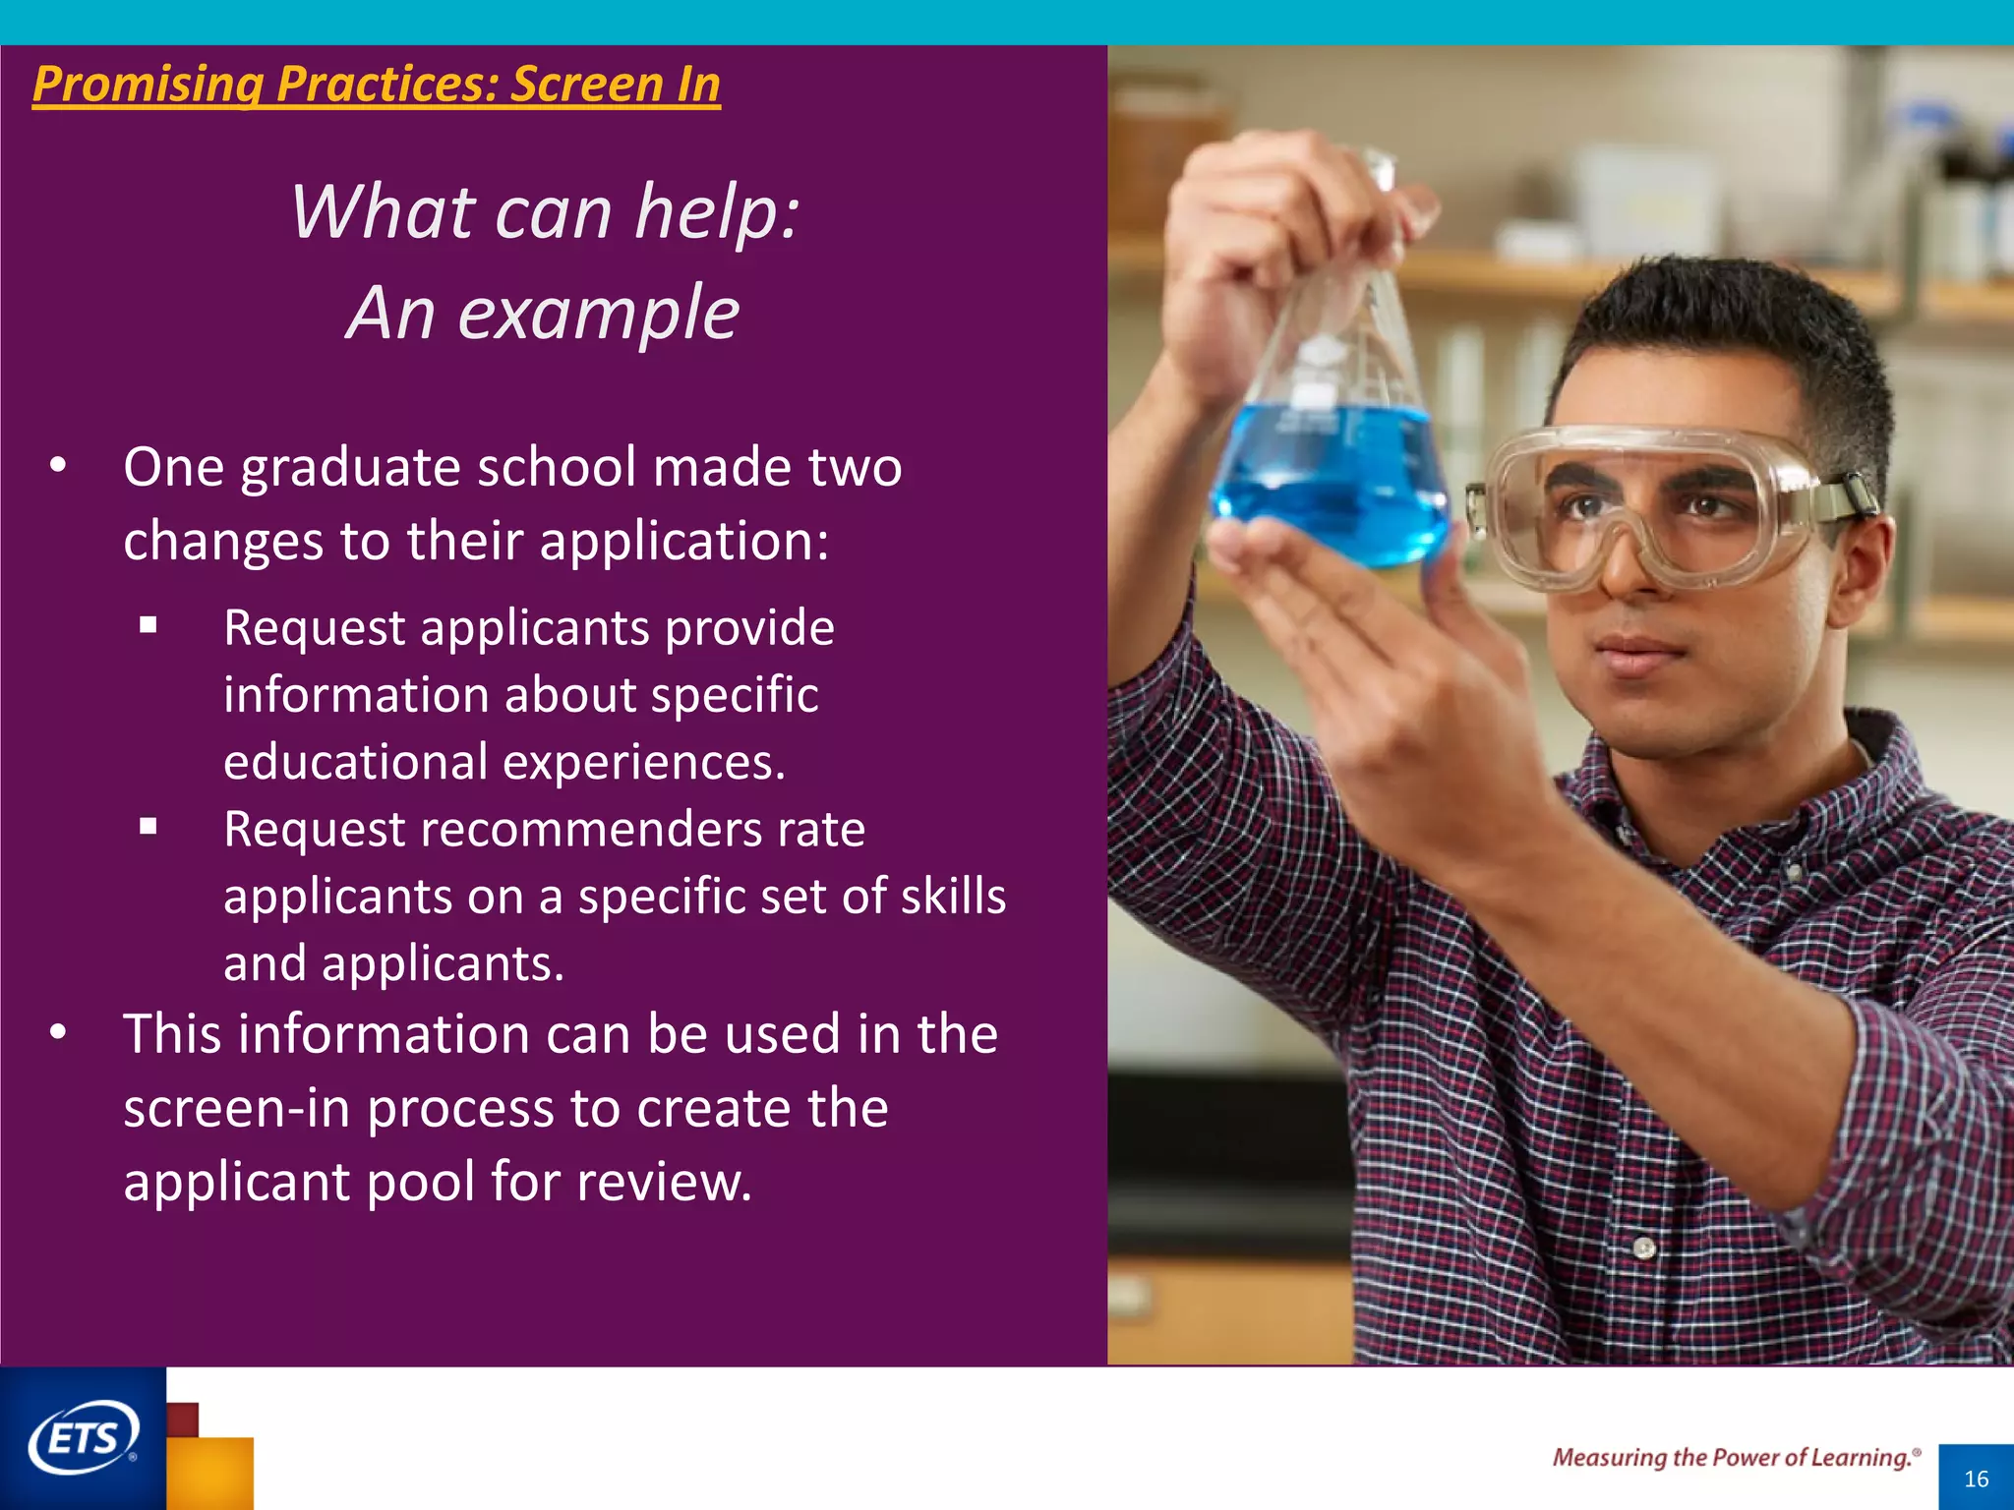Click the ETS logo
point(83,1438)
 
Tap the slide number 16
point(1976,1479)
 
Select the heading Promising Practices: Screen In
point(377,84)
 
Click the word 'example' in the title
point(599,314)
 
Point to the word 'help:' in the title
point(718,212)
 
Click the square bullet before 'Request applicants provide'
point(148,625)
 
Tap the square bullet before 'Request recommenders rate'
point(148,827)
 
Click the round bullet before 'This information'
point(59,1032)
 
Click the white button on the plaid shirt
point(1644,1249)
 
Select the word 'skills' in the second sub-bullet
point(953,896)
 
